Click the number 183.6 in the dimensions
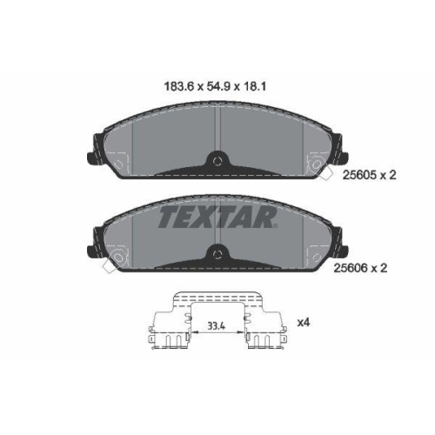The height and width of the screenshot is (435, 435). coord(178,86)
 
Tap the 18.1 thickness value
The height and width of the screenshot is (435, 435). coord(254,86)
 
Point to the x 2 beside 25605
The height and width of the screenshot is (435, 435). coord(388,175)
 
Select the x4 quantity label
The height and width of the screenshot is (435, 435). coord(304,322)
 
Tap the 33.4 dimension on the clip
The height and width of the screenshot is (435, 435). coord(217,326)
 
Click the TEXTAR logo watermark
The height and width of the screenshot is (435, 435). coord(217,217)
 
